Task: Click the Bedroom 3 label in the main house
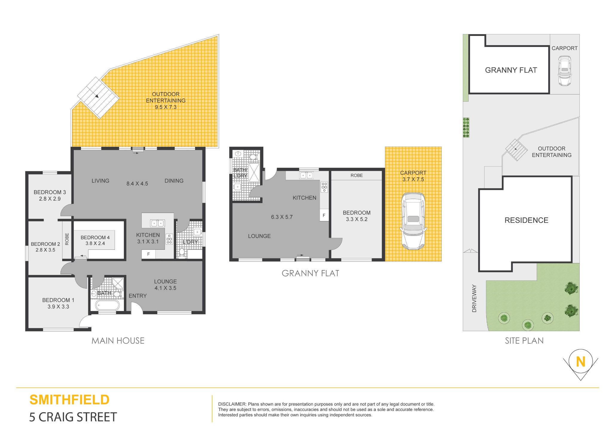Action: coord(50,192)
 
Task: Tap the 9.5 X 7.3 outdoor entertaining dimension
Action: coord(166,107)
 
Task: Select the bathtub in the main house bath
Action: coord(108,305)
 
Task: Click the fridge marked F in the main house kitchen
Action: coord(148,254)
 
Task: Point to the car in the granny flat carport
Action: coord(413,221)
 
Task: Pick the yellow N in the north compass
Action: coord(580,362)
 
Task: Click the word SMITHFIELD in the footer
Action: coord(69,400)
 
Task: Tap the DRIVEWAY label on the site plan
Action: coord(474,299)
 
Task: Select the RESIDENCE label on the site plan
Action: coord(526,220)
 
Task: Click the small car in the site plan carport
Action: coord(564,71)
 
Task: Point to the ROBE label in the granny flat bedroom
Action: coord(357,176)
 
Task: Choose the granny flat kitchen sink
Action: coord(306,175)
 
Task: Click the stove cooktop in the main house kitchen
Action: coord(169,239)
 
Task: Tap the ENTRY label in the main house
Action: coord(137,296)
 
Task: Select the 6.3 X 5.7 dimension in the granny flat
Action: coord(282,217)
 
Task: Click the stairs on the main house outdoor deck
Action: coord(98,98)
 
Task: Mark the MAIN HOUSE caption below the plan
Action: coord(118,341)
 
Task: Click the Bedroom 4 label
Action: coord(95,237)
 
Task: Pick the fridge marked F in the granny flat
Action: coord(324,215)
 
